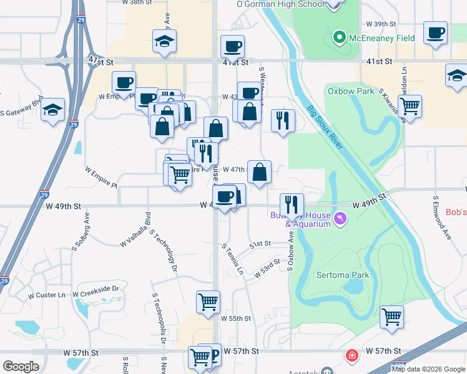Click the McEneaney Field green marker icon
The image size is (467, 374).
point(339,38)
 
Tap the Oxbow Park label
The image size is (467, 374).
point(351,91)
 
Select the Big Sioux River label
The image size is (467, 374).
point(325,128)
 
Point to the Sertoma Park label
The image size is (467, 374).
point(343,275)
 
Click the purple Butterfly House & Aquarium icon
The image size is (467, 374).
point(340,219)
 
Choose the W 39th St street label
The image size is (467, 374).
point(381,24)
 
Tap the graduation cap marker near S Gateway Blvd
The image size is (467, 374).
point(53,110)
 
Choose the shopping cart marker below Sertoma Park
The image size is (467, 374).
point(391,317)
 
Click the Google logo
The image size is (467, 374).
point(21,367)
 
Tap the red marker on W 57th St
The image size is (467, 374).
point(353,357)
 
